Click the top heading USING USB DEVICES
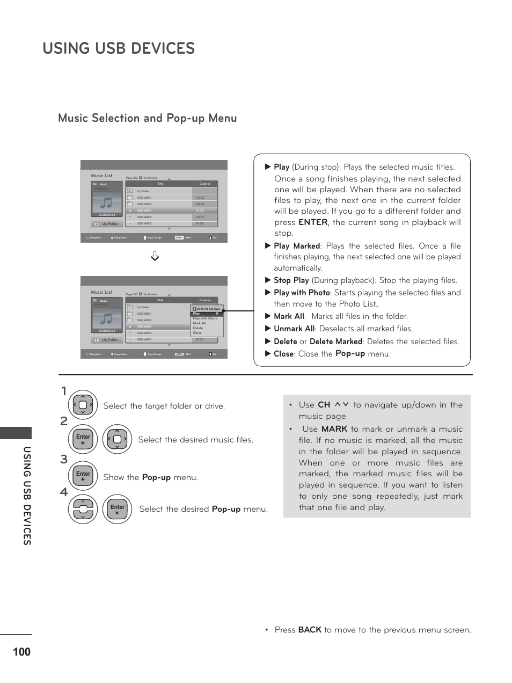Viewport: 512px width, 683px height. [119, 48]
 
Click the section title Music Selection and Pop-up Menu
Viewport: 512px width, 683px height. [147, 118]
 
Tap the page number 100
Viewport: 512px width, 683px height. [21, 652]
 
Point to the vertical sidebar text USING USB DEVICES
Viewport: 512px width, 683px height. [27, 496]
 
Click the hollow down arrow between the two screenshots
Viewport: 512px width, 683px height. [155, 256]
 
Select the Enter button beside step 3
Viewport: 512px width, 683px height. [83, 475]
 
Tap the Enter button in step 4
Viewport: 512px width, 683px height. [117, 508]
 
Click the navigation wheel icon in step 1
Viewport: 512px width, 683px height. [83, 405]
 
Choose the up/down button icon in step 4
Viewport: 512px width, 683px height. [83, 508]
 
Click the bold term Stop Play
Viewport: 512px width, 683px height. [291, 280]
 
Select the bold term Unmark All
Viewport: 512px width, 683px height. [294, 329]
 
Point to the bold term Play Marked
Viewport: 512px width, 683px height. [296, 246]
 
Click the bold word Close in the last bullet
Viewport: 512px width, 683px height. [283, 354]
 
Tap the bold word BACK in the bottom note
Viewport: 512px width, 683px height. [310, 630]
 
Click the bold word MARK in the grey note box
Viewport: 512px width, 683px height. [334, 429]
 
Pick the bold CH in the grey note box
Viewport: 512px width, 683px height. [324, 405]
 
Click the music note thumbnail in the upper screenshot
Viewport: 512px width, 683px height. [107, 202]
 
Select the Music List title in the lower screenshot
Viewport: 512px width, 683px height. [101, 292]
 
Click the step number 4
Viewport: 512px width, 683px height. [64, 492]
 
